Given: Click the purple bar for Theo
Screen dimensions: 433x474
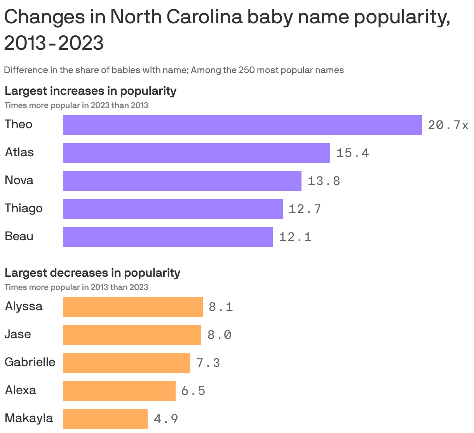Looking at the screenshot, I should coord(242,125).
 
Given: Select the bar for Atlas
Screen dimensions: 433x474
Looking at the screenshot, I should coord(196,153).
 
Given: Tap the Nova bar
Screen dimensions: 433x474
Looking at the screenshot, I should coord(182,181).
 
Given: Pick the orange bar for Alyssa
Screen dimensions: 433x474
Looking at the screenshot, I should coord(132,307).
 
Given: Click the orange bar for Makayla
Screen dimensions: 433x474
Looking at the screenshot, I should coord(105,419).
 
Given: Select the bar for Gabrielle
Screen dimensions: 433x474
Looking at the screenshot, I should coord(126,363).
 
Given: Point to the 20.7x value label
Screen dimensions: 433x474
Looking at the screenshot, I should coord(448,125).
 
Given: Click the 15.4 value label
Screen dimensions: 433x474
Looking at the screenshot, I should coord(352,153).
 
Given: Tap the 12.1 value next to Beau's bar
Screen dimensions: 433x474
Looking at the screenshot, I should coord(295,237).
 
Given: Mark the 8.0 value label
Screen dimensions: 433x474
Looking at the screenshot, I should coord(220,335).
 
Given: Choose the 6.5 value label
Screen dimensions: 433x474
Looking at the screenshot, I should coord(193,391).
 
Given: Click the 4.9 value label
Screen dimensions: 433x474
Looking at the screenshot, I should coord(166,419).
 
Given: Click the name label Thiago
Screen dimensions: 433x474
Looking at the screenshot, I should coord(24,208).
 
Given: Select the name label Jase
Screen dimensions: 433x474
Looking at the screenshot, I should coord(18,334).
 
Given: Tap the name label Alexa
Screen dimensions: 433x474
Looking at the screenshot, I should coord(21,390).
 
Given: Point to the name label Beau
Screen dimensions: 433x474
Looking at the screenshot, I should coord(19,236).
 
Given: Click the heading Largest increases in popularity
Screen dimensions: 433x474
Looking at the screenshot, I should coord(90,91).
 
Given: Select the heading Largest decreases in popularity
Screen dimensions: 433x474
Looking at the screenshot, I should coord(92,273).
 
